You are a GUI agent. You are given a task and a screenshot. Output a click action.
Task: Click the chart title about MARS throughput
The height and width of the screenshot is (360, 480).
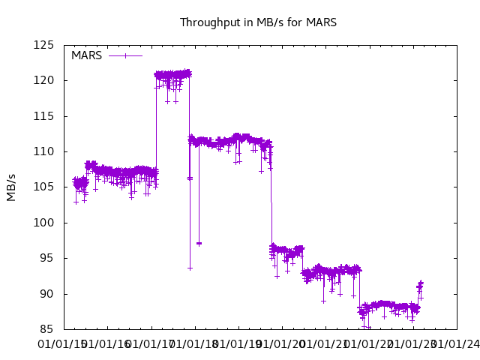point(258,22)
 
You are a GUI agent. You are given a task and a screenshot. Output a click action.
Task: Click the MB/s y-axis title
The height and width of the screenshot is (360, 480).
point(11,187)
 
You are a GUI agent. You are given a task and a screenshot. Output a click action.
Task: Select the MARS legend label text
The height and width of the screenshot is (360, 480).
point(86,55)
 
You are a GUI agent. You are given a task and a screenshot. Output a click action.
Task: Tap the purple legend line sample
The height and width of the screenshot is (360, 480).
point(126,55)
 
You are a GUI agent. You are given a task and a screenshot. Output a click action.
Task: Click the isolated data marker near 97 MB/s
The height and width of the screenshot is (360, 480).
point(199,243)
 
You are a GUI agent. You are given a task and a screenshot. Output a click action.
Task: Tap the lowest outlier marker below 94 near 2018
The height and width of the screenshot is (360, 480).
point(190,268)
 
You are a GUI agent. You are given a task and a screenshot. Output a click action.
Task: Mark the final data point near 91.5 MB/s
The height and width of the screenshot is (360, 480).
point(421,283)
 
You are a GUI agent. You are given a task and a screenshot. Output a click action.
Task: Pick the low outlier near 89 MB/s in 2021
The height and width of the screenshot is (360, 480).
point(323,301)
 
